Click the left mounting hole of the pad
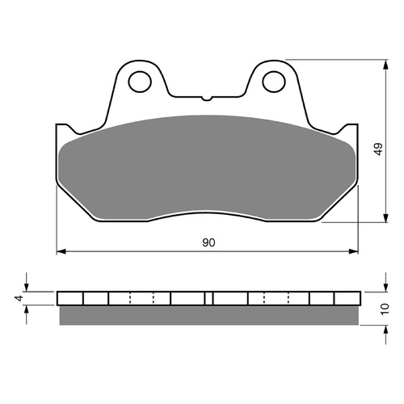(140, 82)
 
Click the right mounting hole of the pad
(274, 82)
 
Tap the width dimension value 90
(208, 242)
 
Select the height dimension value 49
(378, 149)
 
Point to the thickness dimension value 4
(19, 298)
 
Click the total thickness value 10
(385, 309)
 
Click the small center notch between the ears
(207, 98)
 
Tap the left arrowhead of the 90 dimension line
(61, 251)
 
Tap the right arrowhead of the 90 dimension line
(353, 251)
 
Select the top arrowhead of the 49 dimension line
(386, 65)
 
